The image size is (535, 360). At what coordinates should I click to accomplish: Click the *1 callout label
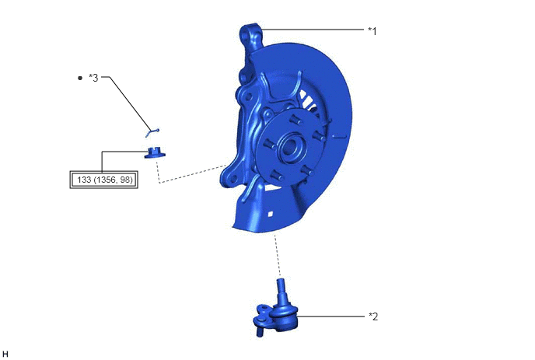pyautogui.click(x=372, y=31)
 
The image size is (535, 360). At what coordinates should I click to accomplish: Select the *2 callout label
pyautogui.click(x=373, y=316)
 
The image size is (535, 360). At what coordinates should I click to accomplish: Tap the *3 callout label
pyautogui.click(x=93, y=78)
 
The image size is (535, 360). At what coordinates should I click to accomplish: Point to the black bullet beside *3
pyautogui.click(x=80, y=78)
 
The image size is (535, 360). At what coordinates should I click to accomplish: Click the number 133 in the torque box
pyautogui.click(x=84, y=180)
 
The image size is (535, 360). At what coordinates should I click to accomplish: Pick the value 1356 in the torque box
pyautogui.click(x=106, y=180)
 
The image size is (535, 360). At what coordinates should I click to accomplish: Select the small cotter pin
pyautogui.click(x=152, y=132)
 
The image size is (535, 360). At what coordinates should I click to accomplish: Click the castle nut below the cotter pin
pyautogui.click(x=155, y=152)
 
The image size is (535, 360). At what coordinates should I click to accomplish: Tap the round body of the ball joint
pyautogui.click(x=285, y=316)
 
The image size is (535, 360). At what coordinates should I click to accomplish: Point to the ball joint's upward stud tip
pyautogui.click(x=280, y=281)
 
